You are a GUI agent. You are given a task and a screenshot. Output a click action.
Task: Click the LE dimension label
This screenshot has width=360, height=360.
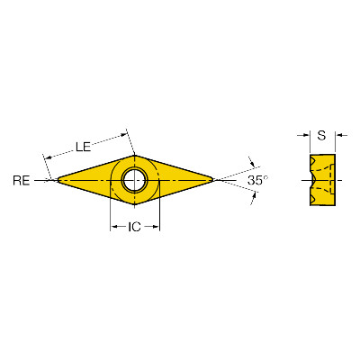(x=84, y=147)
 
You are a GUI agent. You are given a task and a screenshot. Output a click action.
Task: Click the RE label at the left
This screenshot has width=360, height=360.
(x=22, y=181)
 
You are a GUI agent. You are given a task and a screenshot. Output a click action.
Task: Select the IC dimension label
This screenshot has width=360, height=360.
(x=134, y=227)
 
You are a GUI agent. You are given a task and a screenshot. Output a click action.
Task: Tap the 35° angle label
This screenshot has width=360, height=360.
(x=258, y=180)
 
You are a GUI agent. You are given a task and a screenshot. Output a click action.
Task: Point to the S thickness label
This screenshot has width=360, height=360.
(x=321, y=136)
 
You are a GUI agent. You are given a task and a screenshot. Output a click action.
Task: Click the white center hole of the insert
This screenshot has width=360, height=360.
(x=134, y=180)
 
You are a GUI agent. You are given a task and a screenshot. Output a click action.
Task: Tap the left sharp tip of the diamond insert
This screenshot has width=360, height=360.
(x=58, y=180)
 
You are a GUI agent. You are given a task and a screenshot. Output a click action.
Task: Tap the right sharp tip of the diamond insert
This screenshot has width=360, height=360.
(x=213, y=180)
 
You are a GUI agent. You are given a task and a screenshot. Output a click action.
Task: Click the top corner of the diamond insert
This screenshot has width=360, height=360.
(x=134, y=155)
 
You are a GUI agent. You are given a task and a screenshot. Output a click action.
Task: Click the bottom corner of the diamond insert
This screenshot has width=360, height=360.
(x=134, y=205)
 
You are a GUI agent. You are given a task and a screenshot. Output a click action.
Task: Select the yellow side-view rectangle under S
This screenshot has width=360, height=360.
(x=322, y=180)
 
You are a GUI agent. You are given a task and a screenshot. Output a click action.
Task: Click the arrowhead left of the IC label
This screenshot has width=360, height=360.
(x=114, y=227)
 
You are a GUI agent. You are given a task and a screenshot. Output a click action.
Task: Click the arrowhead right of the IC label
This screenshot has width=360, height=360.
(x=156, y=227)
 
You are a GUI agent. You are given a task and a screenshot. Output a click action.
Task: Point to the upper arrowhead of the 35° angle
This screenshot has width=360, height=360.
(x=253, y=164)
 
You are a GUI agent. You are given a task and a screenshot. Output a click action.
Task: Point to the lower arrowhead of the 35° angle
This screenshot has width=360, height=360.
(x=254, y=196)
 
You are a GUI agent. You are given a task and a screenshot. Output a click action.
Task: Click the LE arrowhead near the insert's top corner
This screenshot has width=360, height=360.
(x=124, y=135)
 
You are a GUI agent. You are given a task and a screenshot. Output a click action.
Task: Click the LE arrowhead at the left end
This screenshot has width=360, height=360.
(x=48, y=157)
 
